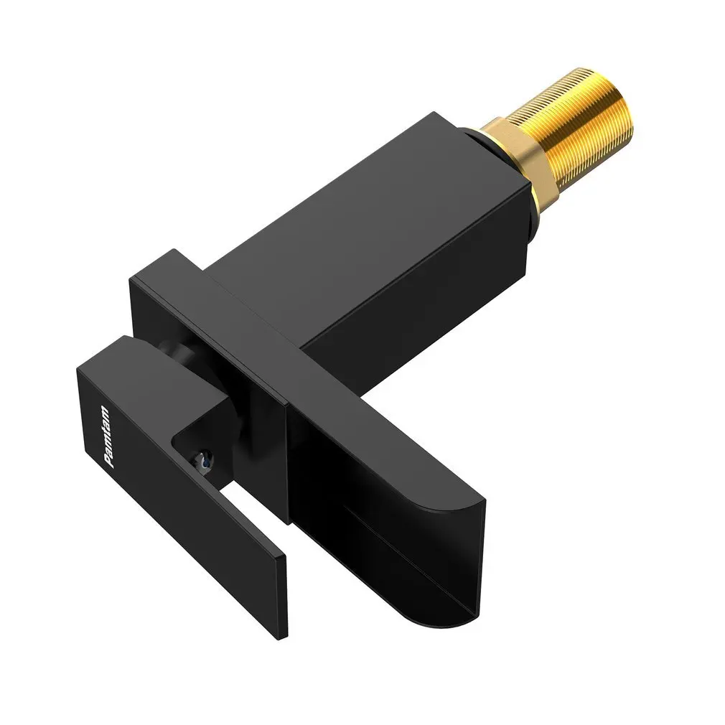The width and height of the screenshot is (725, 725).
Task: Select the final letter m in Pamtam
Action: (x=104, y=411)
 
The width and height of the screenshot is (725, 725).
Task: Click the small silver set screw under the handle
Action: (x=205, y=459)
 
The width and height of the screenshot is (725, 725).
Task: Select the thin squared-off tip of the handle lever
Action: (x=282, y=597)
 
